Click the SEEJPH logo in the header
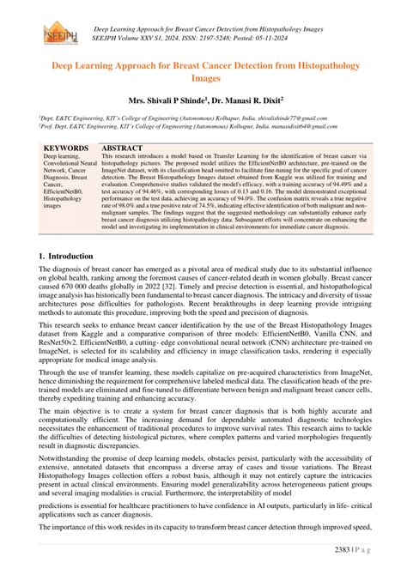point(56,32)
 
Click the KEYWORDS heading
point(65,148)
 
